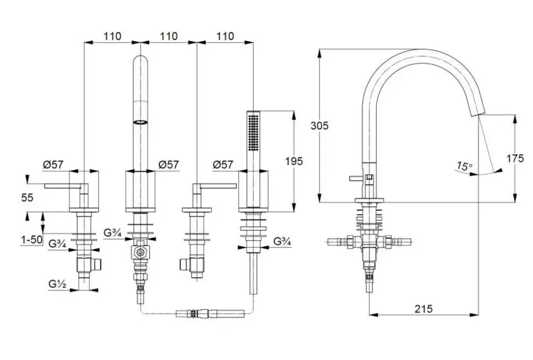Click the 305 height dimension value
pyautogui.click(x=320, y=126)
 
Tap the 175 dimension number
pyautogui.click(x=515, y=158)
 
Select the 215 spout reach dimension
pyautogui.click(x=424, y=309)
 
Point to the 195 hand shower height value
pyautogui.click(x=294, y=161)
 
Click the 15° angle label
pyautogui.click(x=464, y=166)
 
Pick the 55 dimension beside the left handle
pyautogui.click(x=27, y=197)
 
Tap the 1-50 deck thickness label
pyautogui.click(x=31, y=240)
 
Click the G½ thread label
pyautogui.click(x=57, y=283)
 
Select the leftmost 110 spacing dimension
pyautogui.click(x=112, y=36)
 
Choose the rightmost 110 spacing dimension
pyautogui.click(x=225, y=36)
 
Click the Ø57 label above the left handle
pyautogui.click(x=53, y=165)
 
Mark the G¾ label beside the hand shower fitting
pyautogui.click(x=283, y=242)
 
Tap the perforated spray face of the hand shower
pyautogui.click(x=253, y=133)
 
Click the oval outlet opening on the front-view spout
pyautogui.click(x=140, y=122)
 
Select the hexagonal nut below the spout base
pyautogui.click(x=140, y=253)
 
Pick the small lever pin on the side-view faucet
pyautogui.click(x=356, y=178)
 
